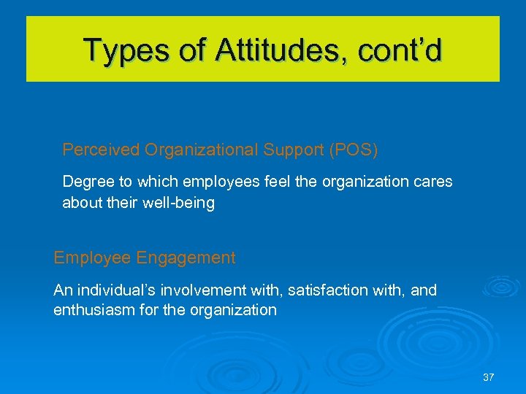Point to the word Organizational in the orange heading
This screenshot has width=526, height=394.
point(202,150)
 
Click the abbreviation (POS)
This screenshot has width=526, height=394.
point(354,150)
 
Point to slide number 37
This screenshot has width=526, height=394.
point(488,377)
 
